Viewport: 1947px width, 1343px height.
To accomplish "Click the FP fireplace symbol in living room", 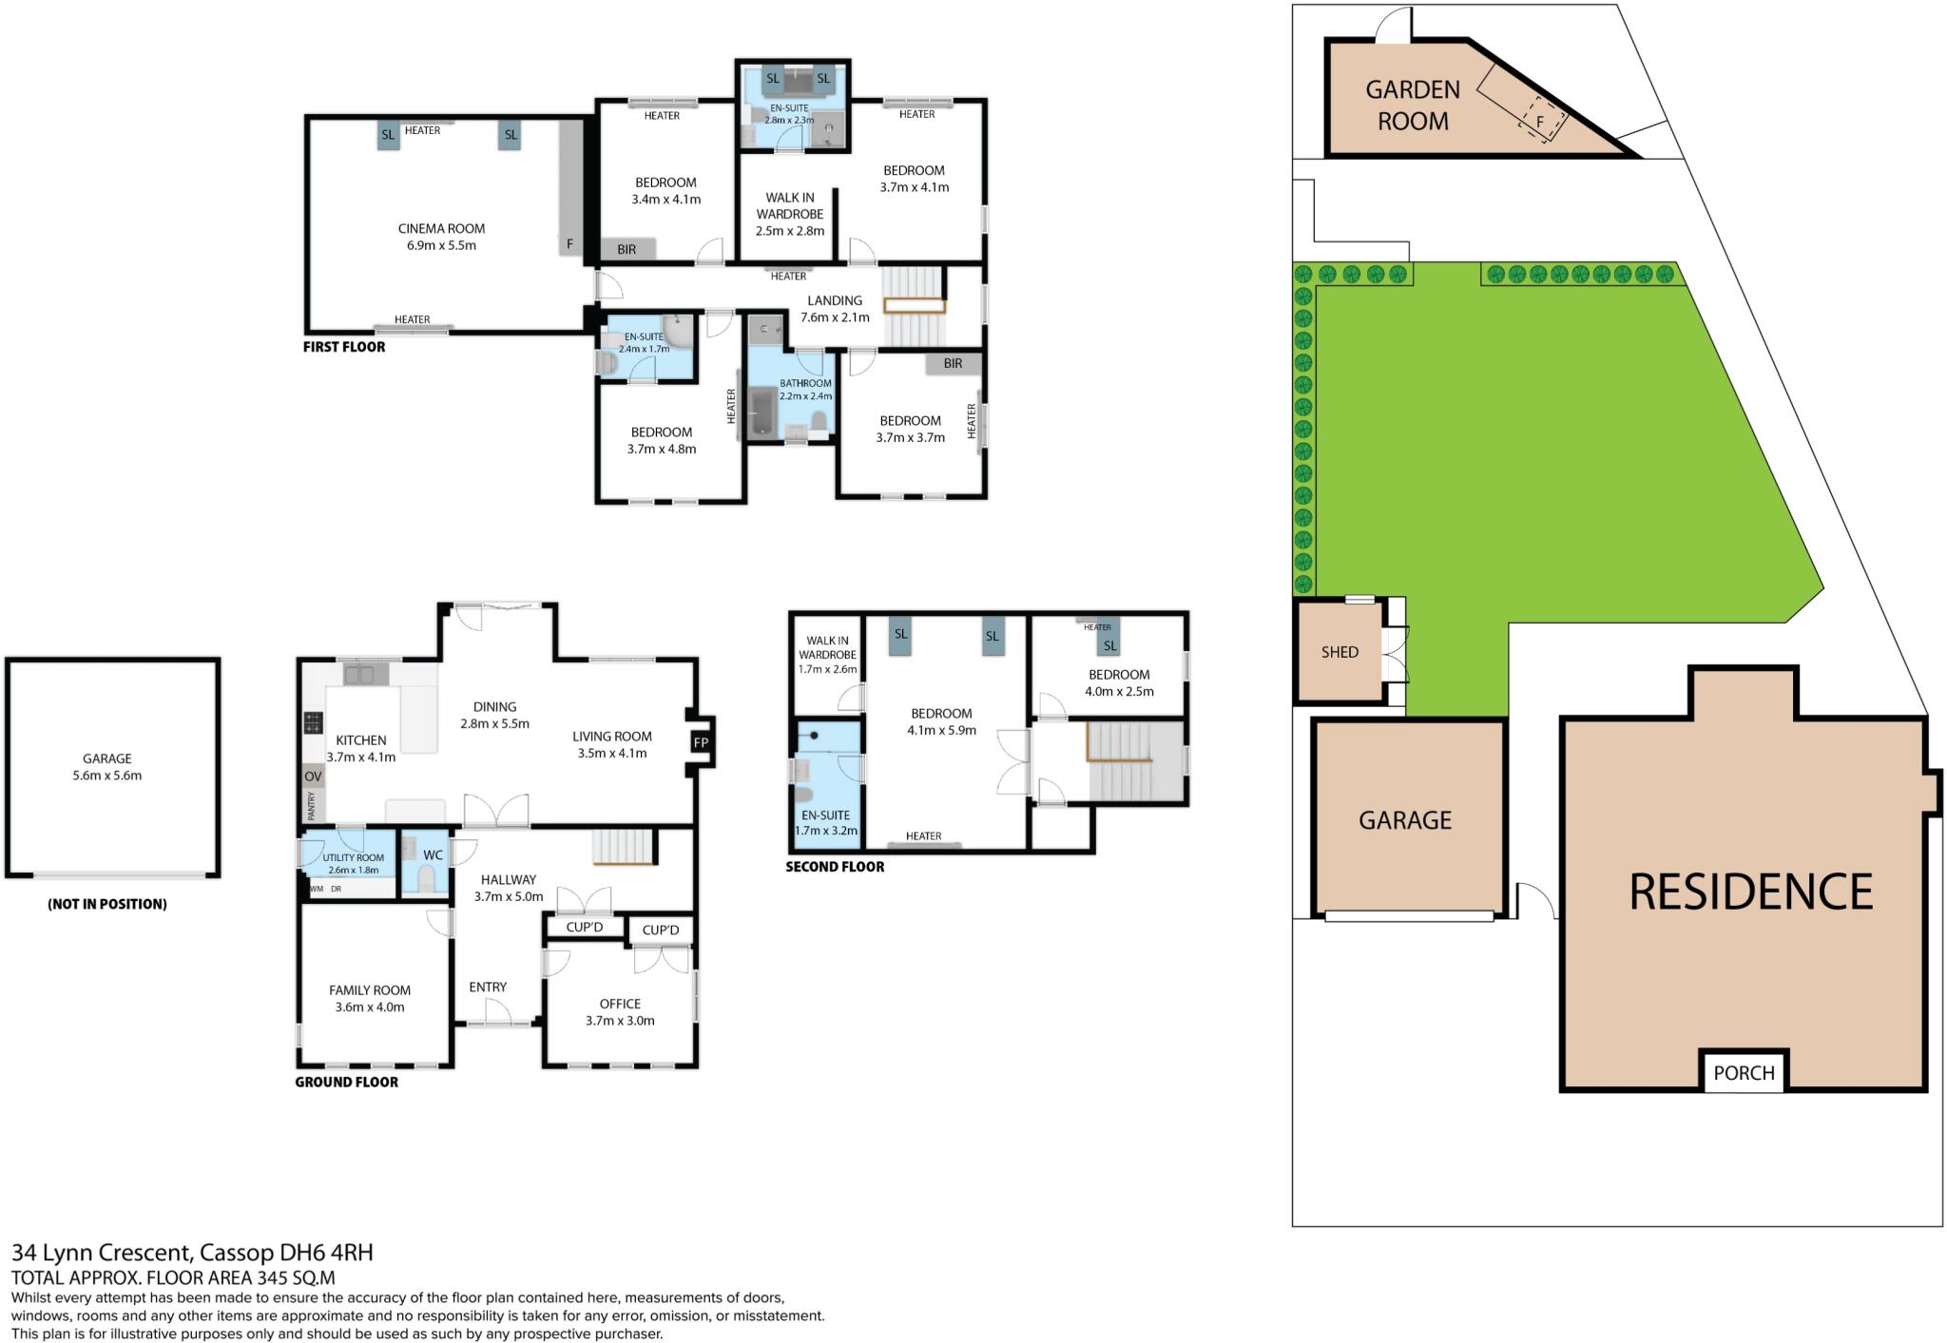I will pos(701,742).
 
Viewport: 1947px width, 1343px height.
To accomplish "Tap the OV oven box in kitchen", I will pos(313,777).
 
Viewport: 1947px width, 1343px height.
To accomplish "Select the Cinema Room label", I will pos(441,228).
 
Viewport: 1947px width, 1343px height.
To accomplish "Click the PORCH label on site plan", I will pos(1744,1073).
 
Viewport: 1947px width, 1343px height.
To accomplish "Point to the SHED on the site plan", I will pos(1340,652).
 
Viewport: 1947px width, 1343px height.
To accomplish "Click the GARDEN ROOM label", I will pos(1413,106).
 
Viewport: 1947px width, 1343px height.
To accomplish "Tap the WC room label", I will pos(433,855).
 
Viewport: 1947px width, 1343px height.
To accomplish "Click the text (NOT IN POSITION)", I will pos(107,904).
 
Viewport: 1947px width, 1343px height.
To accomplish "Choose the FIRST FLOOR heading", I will pos(344,347).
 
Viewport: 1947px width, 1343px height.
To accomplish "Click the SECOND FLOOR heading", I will pos(835,867).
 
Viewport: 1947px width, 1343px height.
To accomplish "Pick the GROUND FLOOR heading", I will pos(346,1082).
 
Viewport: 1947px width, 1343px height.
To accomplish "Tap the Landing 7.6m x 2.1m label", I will pos(835,309).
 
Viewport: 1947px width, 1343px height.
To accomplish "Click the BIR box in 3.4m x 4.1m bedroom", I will pos(627,249).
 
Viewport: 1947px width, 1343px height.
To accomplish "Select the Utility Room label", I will pos(353,857).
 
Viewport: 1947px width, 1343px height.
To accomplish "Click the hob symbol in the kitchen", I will pos(313,723).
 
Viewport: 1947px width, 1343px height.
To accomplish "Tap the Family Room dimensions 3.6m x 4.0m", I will pos(370,1007).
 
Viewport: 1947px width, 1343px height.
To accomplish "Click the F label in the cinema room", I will pos(570,244).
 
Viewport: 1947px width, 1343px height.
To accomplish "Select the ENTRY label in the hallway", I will pos(488,987).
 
